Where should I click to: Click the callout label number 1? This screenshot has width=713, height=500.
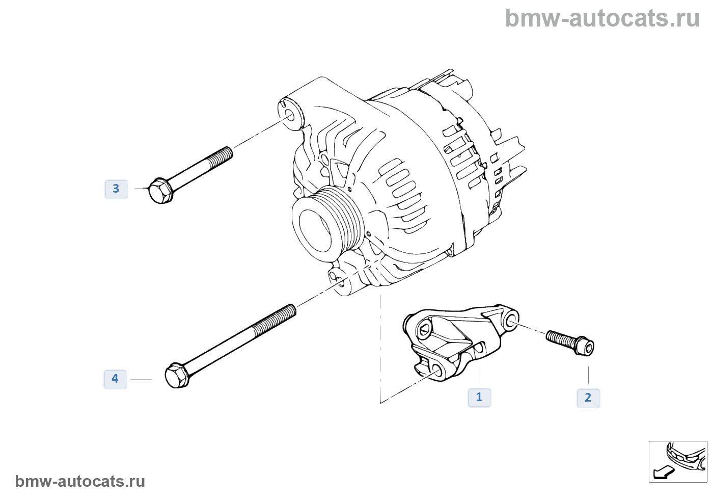(x=479, y=398)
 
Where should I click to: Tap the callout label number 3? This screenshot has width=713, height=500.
(x=116, y=189)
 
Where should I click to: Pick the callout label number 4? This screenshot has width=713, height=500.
(x=115, y=379)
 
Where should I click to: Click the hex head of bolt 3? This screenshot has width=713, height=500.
(x=160, y=191)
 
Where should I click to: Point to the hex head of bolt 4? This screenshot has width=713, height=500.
(x=177, y=376)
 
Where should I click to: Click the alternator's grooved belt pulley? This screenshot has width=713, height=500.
(x=328, y=222)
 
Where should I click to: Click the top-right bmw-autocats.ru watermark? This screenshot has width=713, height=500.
(x=602, y=19)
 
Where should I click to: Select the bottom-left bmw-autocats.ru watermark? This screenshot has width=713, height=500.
(x=80, y=481)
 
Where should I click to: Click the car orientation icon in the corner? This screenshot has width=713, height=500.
(x=678, y=461)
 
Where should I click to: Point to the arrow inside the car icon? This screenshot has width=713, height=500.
(x=663, y=472)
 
